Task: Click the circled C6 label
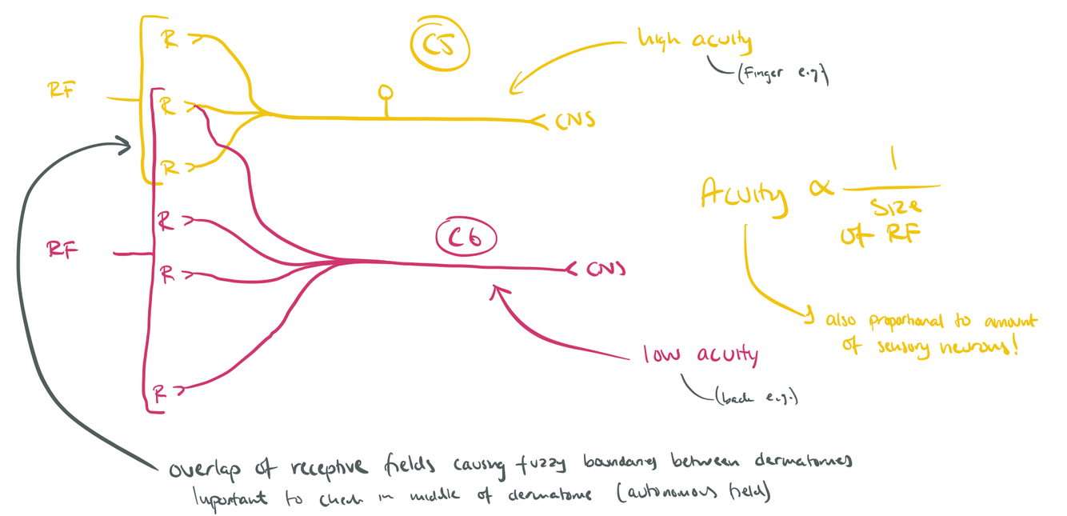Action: click(x=466, y=238)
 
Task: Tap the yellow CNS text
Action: click(x=574, y=122)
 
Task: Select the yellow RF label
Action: click(x=62, y=90)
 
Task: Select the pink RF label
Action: click(x=62, y=250)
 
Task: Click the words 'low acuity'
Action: click(x=701, y=354)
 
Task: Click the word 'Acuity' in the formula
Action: click(x=742, y=194)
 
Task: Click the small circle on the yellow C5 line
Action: click(x=386, y=92)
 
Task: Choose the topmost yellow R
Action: click(x=170, y=39)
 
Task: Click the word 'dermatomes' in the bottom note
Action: click(x=793, y=462)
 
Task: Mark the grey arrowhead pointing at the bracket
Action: click(x=124, y=145)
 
